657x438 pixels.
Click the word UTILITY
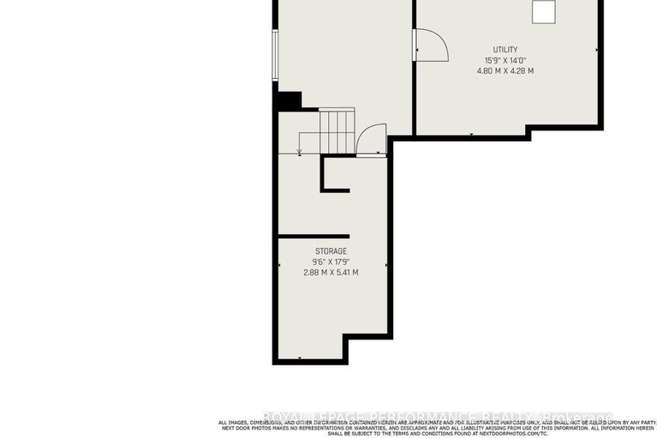coord(505,50)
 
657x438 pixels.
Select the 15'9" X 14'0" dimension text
coord(505,60)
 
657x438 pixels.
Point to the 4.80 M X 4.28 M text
coord(505,71)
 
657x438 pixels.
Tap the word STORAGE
coord(330,251)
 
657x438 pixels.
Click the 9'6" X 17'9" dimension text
coord(330,261)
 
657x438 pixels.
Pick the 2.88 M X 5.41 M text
coord(330,273)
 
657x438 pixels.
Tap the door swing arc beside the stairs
coord(372,139)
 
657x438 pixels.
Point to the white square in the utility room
coord(544,11)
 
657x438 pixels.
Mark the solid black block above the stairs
coord(290,101)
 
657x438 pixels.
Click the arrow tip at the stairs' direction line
coord(299,153)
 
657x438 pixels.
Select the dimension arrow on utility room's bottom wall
coord(471,134)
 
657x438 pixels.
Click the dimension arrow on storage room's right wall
coord(386,266)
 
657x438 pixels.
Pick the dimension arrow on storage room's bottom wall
coord(300,357)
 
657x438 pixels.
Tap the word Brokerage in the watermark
coord(580,417)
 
